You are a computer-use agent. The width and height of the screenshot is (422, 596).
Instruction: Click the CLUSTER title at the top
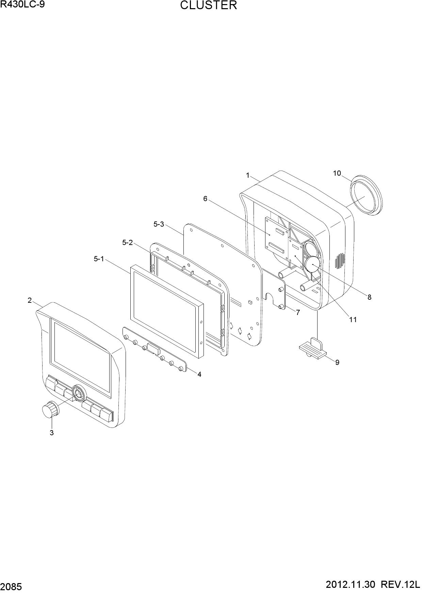pos(208,5)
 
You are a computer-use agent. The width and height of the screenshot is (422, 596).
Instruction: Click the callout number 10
pos(337,173)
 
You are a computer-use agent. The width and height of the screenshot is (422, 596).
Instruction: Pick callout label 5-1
pos(99,259)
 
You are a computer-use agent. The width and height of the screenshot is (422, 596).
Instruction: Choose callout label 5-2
pos(128,242)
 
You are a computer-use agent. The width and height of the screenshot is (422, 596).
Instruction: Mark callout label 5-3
pos(159,224)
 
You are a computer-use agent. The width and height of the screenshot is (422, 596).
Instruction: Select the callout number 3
pos(52,433)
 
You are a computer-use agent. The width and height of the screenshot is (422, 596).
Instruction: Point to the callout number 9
pos(337,363)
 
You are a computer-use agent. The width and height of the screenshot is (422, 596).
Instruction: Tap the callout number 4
pos(199,374)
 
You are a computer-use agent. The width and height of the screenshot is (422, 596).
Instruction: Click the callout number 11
pos(353,319)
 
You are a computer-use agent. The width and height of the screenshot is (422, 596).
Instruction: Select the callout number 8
pos(369,297)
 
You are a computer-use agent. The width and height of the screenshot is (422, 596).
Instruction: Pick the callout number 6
pos(205,199)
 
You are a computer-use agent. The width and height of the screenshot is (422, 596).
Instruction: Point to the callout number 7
pos(298,312)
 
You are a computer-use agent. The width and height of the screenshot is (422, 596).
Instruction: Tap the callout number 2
pos(30,300)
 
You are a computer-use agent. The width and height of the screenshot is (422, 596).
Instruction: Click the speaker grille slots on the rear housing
pos(339,260)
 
